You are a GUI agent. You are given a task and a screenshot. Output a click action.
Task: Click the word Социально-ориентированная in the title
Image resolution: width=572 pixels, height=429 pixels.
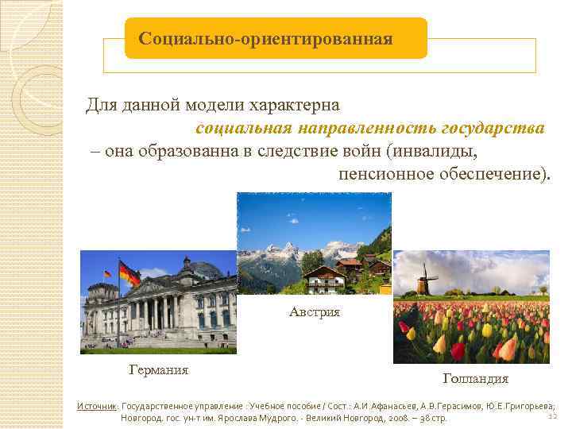pos(265,39)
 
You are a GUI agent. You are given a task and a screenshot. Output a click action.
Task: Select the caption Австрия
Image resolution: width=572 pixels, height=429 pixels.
pos(315,312)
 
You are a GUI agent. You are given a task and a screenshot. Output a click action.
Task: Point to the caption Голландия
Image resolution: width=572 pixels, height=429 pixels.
pos(476,378)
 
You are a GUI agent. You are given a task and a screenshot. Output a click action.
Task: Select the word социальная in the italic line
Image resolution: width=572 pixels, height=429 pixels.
pos(245,128)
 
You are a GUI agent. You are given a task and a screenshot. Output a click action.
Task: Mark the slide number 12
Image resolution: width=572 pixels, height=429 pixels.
pos(552,415)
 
